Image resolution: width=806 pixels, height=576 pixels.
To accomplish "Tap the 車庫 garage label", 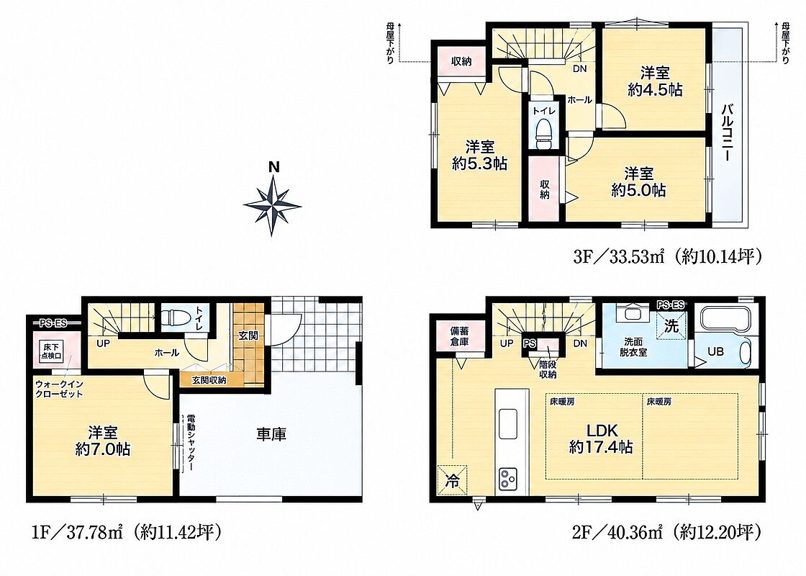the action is point(271,435).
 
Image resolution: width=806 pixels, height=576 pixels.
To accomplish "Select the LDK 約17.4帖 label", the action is point(600,438).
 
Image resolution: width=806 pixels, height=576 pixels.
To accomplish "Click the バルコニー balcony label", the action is point(727,132).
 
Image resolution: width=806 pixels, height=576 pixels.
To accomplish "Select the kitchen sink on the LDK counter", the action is point(508,424).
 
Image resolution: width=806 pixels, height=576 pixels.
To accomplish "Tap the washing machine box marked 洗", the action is point(671,325).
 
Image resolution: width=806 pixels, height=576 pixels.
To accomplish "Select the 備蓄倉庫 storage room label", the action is point(460,336).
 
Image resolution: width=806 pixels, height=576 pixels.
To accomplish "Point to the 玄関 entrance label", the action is point(248,336).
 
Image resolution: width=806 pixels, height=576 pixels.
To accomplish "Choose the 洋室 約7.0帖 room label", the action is point(103,441).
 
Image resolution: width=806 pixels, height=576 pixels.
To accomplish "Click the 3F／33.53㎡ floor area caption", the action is point(666,256).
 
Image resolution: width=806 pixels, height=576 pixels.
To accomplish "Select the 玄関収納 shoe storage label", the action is point(209,381).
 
